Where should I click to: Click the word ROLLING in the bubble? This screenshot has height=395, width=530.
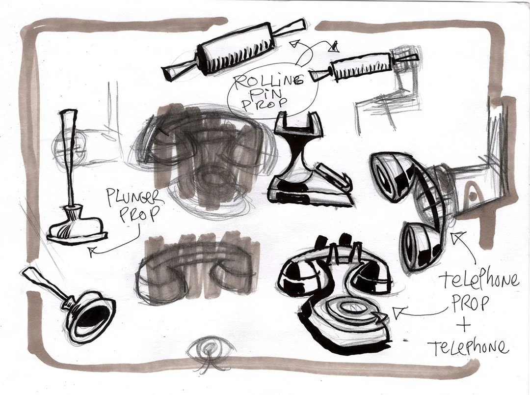(x=269, y=80)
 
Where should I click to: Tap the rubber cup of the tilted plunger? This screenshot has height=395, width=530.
(x=91, y=316)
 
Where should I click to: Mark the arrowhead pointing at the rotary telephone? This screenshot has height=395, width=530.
(x=398, y=311)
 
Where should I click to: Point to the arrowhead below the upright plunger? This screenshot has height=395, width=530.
(x=91, y=252)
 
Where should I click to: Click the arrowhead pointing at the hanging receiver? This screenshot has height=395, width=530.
(x=459, y=237)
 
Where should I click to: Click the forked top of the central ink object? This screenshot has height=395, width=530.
(x=294, y=123)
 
